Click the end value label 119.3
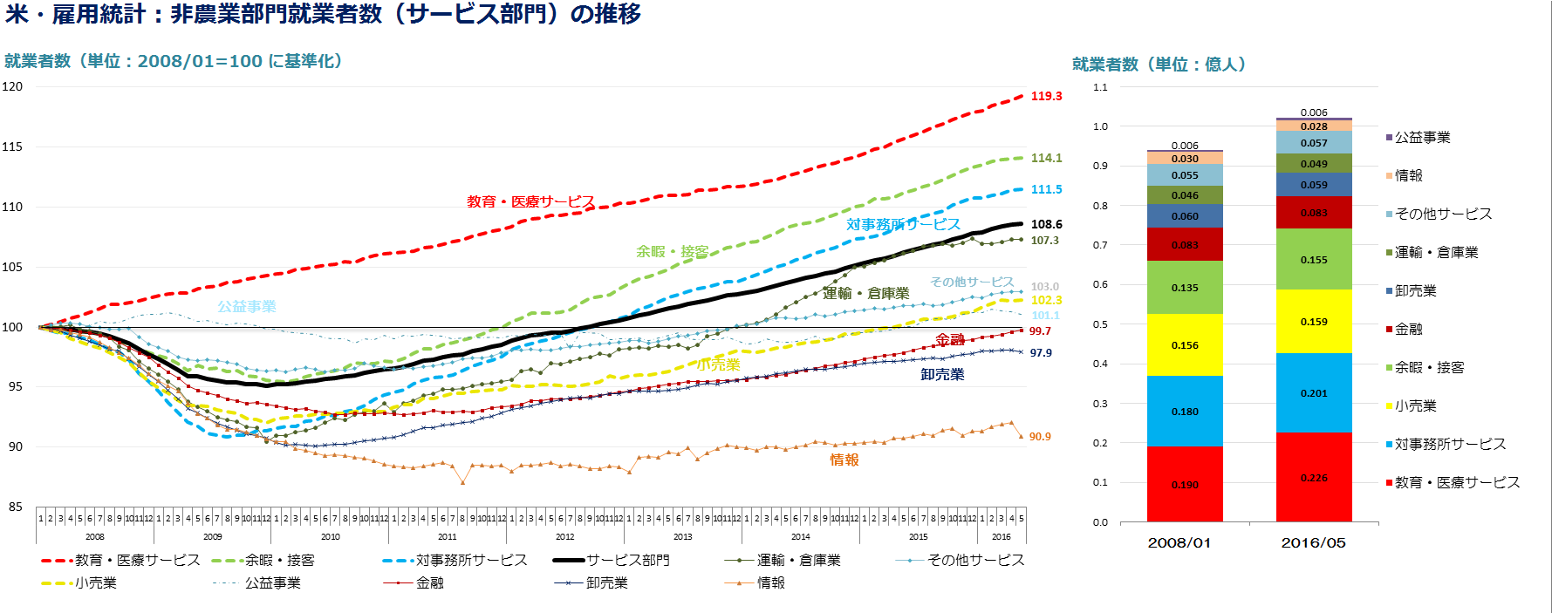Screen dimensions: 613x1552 [1046, 96]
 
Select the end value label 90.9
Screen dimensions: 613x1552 [1040, 437]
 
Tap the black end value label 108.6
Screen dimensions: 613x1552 [1046, 224]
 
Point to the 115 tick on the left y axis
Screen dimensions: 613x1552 [12, 146]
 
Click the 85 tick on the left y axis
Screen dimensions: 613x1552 [16, 507]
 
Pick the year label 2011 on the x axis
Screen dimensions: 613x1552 [448, 537]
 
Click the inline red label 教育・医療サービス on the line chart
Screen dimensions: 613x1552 [530, 201]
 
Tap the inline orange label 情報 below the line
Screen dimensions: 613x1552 [844, 460]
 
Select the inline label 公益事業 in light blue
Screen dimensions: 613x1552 [247, 306]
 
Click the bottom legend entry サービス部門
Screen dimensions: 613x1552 [627, 560]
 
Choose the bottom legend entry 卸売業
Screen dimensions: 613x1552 [606, 582]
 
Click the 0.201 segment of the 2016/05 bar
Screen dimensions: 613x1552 [1314, 393]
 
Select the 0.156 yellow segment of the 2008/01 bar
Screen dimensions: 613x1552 [1185, 345]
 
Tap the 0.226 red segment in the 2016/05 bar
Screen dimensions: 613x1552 [1314, 478]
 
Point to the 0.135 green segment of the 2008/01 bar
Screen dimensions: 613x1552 [1185, 288]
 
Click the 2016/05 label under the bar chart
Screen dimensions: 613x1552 [1313, 542]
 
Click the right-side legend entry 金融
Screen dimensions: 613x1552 [1408, 329]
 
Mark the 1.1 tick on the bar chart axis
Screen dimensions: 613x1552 [1100, 87]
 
